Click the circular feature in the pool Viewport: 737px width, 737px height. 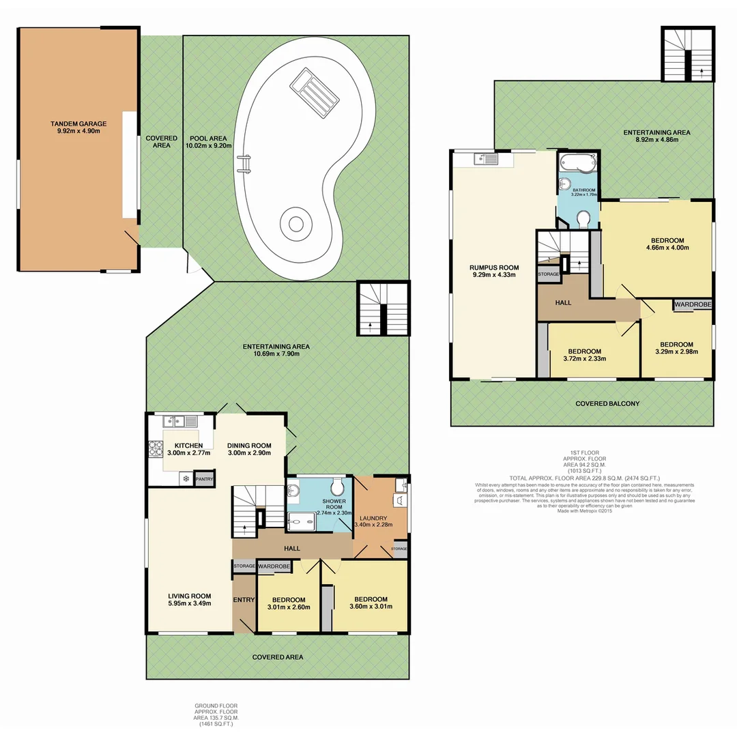coord(295,224)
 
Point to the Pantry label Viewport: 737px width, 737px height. coord(204,479)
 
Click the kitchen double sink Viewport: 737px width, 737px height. coord(180,421)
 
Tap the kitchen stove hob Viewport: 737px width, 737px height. coord(154,448)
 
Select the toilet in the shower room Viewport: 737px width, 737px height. coord(336,487)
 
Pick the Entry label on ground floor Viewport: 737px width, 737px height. coord(244,600)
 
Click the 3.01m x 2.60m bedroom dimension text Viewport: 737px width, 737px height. coord(289,607)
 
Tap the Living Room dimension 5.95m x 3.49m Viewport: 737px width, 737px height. coord(190,603)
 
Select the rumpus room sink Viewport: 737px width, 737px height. coord(487,160)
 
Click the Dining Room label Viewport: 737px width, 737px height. coord(249,444)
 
